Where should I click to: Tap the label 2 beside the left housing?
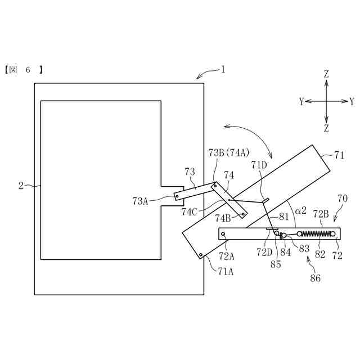point(21,185)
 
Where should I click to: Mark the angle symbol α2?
point(301,210)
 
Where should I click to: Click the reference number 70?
point(342,198)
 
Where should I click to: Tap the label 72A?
point(226,256)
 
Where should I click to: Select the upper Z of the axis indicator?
point(326,74)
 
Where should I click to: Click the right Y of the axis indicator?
point(352,101)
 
